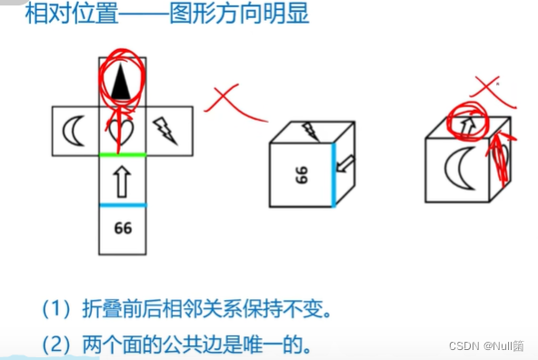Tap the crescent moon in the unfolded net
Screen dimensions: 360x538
74,131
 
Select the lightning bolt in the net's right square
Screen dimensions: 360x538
169,130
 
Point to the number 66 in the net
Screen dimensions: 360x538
123,227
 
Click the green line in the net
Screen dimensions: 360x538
122,155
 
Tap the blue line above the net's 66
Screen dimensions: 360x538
122,204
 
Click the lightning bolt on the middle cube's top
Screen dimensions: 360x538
310,131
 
